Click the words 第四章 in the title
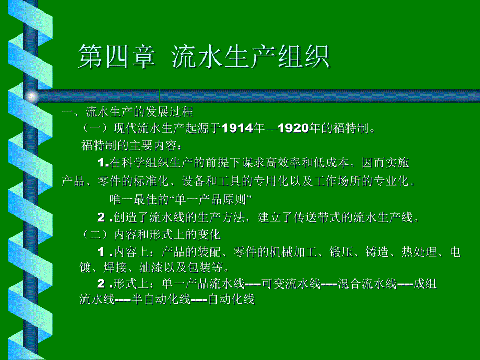117,57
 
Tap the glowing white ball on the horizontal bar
31,97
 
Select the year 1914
237,128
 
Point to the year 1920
293,128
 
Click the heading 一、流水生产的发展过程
127,112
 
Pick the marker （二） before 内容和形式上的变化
95,235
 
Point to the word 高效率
283,163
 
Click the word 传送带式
317,218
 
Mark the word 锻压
341,252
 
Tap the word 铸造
377,252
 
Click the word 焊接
115,268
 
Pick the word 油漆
151,268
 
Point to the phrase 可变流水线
291,284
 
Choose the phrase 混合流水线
367,284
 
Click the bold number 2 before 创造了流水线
101,218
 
